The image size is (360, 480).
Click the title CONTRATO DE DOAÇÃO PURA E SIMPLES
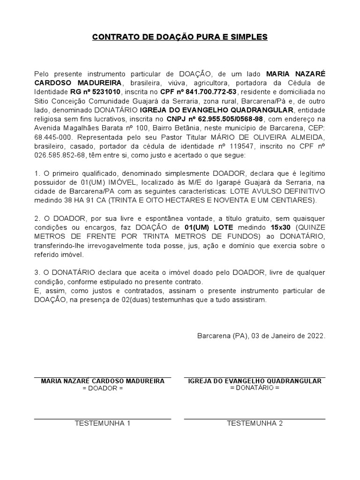click(x=180, y=37)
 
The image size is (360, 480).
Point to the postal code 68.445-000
click(x=53, y=137)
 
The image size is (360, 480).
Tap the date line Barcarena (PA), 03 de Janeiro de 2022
click(x=261, y=336)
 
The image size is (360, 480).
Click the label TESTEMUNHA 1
click(x=102, y=423)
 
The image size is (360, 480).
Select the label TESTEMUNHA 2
click(x=255, y=423)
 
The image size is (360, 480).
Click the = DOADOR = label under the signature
click(x=102, y=389)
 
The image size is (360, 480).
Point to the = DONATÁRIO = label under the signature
click(x=255, y=388)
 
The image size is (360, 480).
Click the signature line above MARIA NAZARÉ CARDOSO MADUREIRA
click(x=102, y=377)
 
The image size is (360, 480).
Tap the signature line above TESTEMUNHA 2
click(x=255, y=419)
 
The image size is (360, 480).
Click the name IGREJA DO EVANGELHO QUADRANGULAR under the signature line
click(x=255, y=381)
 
